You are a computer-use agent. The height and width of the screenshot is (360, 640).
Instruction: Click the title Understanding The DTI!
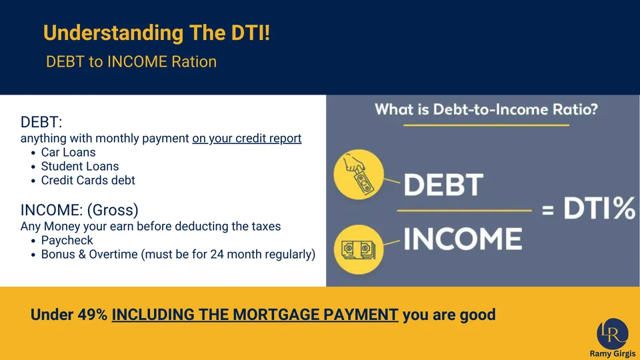(x=157, y=33)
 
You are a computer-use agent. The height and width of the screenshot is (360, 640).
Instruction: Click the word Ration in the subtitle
(x=194, y=61)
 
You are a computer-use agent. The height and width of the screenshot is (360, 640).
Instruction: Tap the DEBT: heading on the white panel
(x=41, y=122)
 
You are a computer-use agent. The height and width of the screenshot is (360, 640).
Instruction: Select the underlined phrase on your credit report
(x=247, y=139)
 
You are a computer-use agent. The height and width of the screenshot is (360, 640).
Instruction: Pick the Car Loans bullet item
(x=68, y=152)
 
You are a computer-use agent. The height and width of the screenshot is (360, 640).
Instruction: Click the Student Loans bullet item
(x=80, y=166)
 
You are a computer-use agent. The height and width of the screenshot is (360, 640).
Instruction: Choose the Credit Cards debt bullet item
(x=88, y=181)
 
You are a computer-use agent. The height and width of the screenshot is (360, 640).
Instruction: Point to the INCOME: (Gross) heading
(x=79, y=210)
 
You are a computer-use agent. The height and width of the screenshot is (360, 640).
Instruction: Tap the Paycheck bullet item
(x=67, y=241)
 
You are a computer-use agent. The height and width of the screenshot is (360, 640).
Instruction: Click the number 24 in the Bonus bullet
(x=216, y=254)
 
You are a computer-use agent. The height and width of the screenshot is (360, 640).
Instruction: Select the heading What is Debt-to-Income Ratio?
(x=486, y=109)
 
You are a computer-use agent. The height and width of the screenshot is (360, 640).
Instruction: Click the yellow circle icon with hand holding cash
(x=359, y=174)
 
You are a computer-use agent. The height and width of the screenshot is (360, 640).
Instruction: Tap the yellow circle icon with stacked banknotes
(x=359, y=249)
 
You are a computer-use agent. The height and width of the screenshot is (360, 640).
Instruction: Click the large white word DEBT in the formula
(x=443, y=185)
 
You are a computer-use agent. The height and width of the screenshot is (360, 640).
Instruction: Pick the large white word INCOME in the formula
(x=463, y=239)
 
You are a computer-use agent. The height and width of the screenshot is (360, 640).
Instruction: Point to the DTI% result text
(x=599, y=208)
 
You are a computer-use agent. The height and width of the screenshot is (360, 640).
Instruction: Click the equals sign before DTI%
(x=548, y=210)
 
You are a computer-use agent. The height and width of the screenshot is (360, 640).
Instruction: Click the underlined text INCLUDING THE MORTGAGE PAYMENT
(x=255, y=315)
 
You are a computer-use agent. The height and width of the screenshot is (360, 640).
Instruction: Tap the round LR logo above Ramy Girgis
(x=613, y=334)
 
